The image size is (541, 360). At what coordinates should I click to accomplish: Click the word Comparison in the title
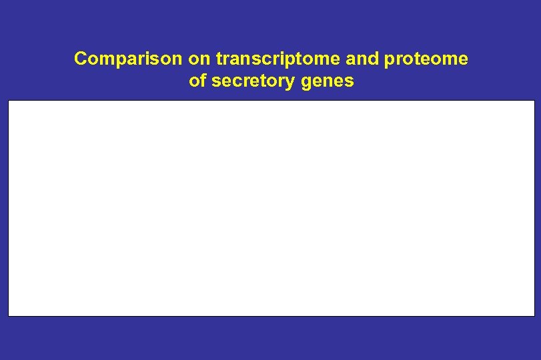(x=128, y=59)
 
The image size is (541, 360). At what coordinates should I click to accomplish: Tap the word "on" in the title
(x=199, y=59)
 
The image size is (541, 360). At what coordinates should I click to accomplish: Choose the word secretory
(x=246, y=83)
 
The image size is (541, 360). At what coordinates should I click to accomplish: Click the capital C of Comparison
(x=81, y=59)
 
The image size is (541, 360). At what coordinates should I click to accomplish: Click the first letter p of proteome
(x=390, y=61)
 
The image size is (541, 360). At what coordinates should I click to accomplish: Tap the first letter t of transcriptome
(x=218, y=59)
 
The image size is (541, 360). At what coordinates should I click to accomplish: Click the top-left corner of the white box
(x=9, y=101)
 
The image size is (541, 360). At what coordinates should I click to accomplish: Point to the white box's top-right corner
(x=534, y=101)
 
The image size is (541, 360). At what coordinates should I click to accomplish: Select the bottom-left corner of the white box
(x=9, y=315)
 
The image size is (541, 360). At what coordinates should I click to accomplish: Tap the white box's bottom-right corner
(x=534, y=315)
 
